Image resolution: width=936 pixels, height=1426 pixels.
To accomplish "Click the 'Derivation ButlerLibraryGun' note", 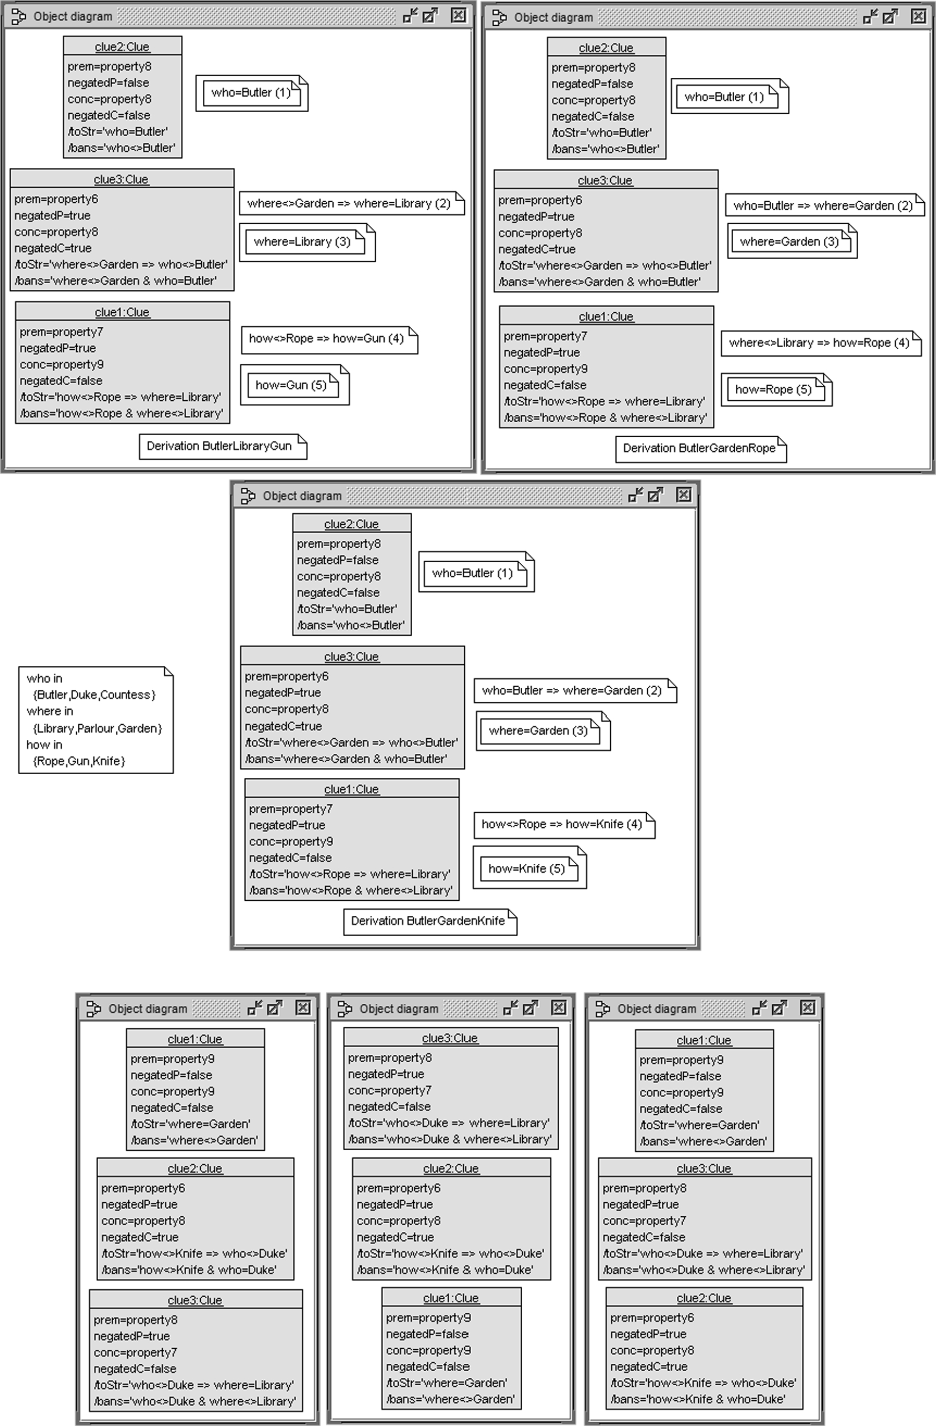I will [x=220, y=446].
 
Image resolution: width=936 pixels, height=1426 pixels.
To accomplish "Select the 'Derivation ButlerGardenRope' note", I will [x=699, y=448].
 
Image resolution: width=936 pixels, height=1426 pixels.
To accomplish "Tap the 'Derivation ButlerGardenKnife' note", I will [x=428, y=921].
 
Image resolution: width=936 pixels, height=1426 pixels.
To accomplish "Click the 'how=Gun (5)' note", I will [x=291, y=385].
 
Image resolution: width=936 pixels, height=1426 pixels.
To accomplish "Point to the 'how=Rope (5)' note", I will [x=773, y=389].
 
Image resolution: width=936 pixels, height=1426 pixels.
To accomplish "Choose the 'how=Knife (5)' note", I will [x=526, y=868].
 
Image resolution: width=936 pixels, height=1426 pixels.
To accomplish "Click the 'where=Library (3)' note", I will [x=302, y=241].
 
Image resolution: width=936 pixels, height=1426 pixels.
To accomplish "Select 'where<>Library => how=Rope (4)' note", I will [x=819, y=343].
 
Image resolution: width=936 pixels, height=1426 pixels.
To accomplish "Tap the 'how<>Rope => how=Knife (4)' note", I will [x=562, y=824].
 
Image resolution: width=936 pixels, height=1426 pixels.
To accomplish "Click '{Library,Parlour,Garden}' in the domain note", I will [x=97, y=729].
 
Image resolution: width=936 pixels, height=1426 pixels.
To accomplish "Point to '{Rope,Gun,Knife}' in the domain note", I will [x=79, y=761].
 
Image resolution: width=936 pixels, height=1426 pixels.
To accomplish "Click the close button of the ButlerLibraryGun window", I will [x=458, y=16].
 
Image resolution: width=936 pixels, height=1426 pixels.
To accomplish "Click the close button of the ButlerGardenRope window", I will [x=918, y=16].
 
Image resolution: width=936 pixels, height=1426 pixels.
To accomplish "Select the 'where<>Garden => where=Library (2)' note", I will [x=349, y=203].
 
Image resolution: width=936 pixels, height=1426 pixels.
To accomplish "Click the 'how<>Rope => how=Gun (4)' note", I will [x=327, y=339].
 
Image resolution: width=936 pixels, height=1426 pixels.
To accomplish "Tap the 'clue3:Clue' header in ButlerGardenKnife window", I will [x=352, y=656].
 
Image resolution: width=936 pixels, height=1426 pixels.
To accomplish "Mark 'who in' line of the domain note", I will [x=45, y=678].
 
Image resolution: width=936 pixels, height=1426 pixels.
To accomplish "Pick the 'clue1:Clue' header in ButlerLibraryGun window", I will [x=122, y=312].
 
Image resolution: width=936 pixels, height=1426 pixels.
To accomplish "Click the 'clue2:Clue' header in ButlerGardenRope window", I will [x=606, y=48].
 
